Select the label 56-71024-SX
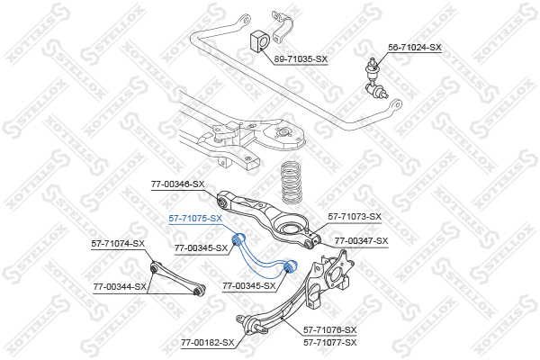(x=415, y=46)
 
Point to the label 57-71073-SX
(x=355, y=216)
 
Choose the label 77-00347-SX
(x=362, y=240)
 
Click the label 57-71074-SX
(x=118, y=244)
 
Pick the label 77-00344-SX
(x=121, y=287)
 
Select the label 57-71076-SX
(x=329, y=330)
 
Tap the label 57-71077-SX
(x=329, y=342)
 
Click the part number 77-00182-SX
(x=207, y=342)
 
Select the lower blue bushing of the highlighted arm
(x=291, y=267)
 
